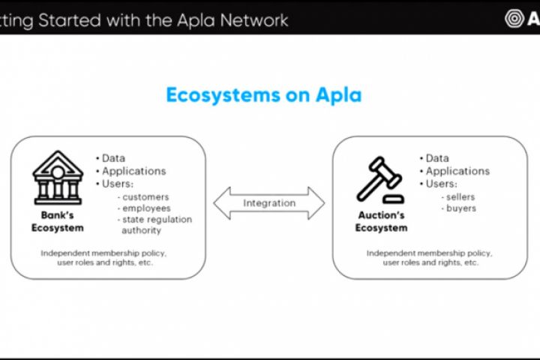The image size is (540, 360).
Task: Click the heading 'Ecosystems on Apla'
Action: [263, 95]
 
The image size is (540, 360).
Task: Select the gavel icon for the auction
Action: [380, 180]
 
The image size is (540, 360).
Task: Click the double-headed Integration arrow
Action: [269, 203]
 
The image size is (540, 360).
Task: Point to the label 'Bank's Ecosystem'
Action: [58, 222]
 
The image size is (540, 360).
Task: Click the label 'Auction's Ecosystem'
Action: [381, 222]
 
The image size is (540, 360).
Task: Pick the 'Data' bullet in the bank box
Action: [113, 158]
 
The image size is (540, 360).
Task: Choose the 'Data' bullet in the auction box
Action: [437, 158]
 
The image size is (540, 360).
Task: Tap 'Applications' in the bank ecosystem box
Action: [133, 171]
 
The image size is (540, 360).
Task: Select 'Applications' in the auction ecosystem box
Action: [457, 171]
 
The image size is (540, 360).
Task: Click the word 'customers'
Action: [146, 196]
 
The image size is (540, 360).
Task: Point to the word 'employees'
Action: [147, 208]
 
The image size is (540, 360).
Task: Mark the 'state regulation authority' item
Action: [157, 224]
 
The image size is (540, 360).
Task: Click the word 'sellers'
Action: [461, 196]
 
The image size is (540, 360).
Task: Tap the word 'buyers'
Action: [461, 208]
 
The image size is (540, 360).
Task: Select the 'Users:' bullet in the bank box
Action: [117, 184]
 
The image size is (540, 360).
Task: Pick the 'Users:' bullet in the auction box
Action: [441, 184]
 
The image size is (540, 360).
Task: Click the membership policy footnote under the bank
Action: [103, 257]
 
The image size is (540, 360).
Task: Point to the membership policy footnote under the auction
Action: [429, 257]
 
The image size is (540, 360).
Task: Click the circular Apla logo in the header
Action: [514, 18]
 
